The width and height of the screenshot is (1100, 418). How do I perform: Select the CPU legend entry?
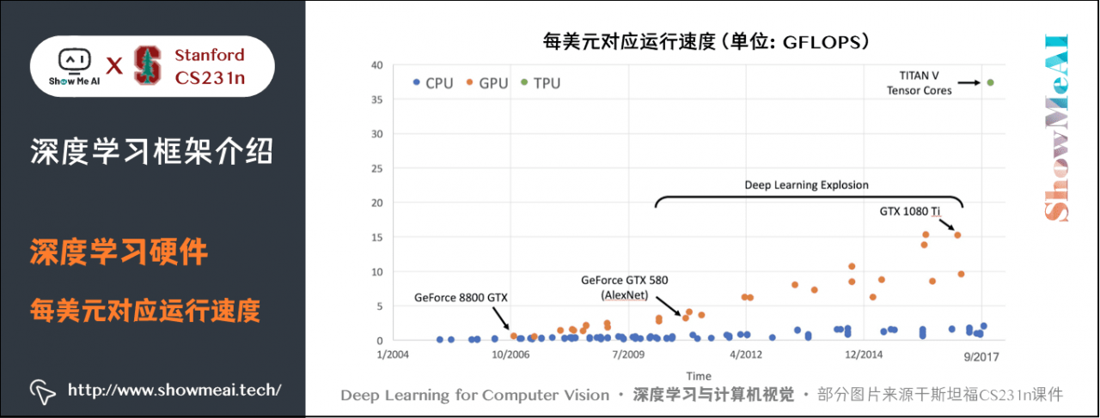click(432, 83)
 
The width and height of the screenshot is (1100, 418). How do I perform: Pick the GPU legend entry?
click(487, 83)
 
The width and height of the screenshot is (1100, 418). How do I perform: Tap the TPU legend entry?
click(541, 83)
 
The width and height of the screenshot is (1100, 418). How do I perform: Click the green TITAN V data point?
click(990, 82)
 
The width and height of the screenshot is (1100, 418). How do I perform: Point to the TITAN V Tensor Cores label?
click(919, 82)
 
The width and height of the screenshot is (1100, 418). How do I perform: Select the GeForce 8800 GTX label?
click(461, 298)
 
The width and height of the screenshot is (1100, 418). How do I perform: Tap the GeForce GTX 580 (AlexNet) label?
click(624, 287)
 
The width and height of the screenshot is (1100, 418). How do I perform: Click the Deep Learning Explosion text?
click(806, 185)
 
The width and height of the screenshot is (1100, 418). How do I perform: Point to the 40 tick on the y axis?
click(377, 65)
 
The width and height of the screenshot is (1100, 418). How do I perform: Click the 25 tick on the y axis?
click(377, 168)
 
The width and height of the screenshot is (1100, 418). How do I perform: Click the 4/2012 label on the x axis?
click(745, 353)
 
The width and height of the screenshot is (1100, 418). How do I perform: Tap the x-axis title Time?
click(698, 376)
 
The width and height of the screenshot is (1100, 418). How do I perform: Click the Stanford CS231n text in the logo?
click(209, 66)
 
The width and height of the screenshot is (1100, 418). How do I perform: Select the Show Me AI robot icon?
click(74, 61)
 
